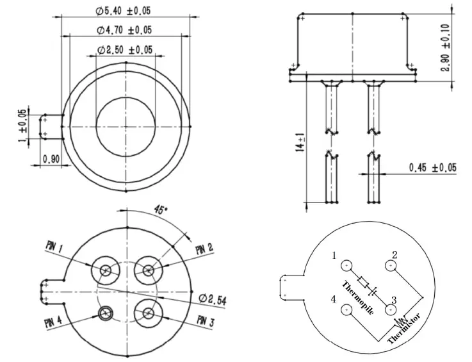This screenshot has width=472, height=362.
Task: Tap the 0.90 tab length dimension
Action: pos(51,158)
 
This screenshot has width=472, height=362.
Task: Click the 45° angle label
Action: pos(161,210)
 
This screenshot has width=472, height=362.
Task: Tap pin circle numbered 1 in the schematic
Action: pos(346,265)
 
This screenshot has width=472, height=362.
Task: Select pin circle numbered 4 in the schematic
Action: pos(346,310)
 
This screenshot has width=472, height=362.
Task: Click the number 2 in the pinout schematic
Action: pos(395,254)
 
